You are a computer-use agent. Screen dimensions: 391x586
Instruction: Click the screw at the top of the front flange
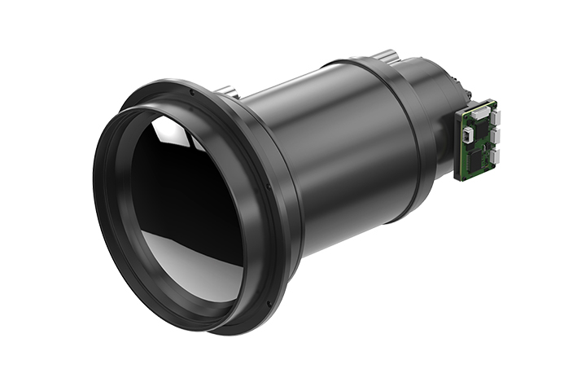[x=191, y=92]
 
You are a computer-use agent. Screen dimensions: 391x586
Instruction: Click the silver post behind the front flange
[x=230, y=92]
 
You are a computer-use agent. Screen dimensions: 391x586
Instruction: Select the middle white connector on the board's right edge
[x=495, y=136]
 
